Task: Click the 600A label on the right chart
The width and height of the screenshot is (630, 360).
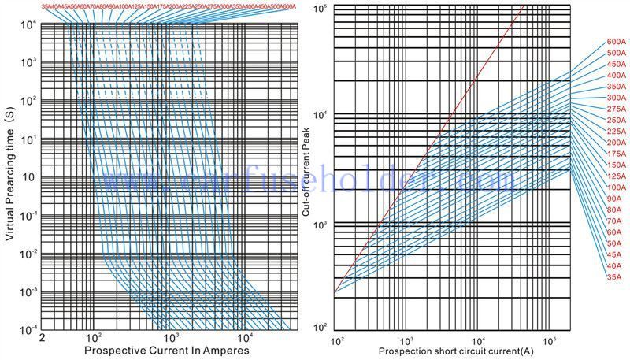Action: (615, 41)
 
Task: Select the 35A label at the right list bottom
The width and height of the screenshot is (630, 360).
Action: (613, 277)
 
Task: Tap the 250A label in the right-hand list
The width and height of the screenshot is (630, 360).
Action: (615, 120)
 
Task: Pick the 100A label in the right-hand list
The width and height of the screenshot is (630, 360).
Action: (615, 187)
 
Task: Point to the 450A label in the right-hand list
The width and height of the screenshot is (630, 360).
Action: (615, 64)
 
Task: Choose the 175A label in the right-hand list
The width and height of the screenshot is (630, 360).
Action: (615, 154)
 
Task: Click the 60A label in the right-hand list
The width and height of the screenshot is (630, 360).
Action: (613, 232)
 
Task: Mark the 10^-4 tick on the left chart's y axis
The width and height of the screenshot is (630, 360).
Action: (25, 328)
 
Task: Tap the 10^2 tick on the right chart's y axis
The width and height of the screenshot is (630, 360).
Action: (320, 325)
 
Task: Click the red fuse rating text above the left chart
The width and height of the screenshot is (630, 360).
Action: (169, 6)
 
